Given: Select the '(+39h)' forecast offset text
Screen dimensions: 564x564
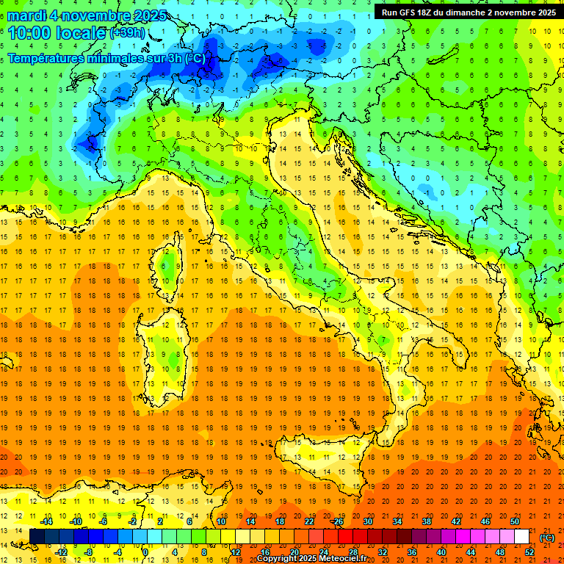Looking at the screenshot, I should (129, 34).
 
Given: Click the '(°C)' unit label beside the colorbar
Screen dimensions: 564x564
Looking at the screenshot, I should (547, 538).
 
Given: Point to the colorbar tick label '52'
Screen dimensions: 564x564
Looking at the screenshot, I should (529, 552).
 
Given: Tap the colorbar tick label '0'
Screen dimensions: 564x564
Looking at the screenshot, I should (146, 552).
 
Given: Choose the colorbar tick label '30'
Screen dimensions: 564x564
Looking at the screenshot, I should (367, 521).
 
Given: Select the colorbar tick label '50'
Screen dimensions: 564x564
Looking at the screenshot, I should (515, 521).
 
